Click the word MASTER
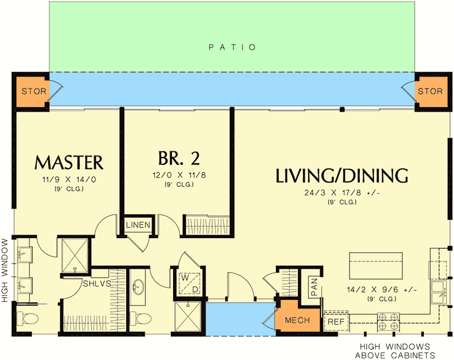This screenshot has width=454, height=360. pyautogui.click(x=69, y=163)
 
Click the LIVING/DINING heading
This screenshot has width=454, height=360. pyautogui.click(x=342, y=176)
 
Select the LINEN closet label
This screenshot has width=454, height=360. pyautogui.click(x=138, y=225)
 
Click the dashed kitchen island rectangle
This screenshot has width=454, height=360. pyautogui.click(x=375, y=264)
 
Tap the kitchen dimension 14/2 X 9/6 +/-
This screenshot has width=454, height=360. pyautogui.click(x=384, y=290)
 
